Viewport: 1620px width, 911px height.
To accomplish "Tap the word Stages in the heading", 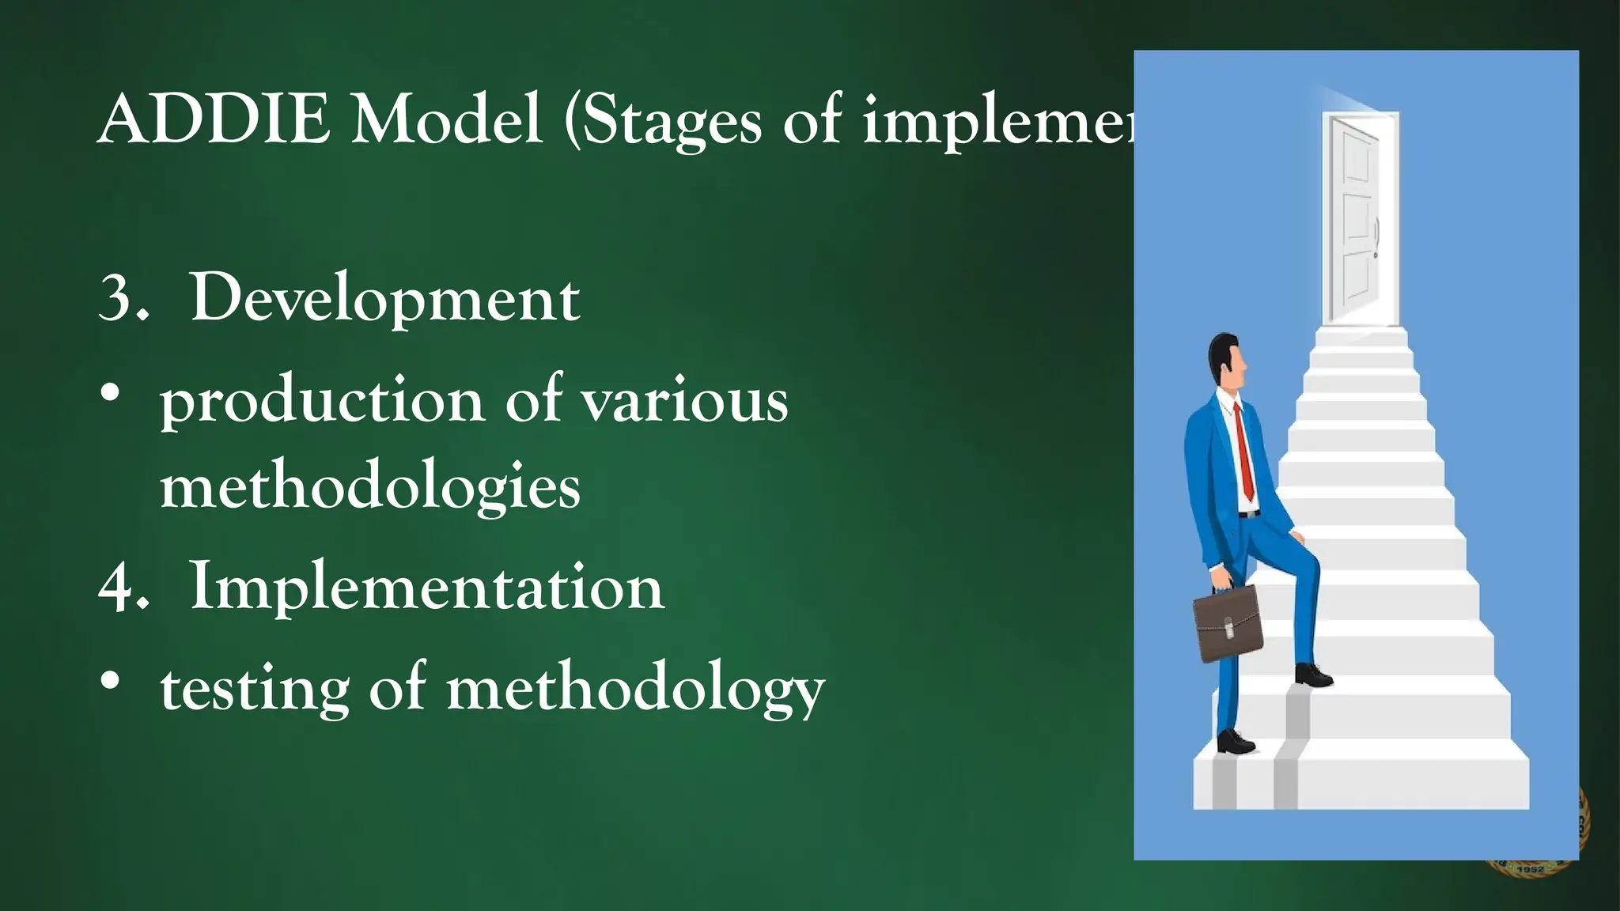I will click(x=672, y=123).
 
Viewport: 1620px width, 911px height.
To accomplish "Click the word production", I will click(x=322, y=402).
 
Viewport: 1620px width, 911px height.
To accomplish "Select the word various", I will click(x=685, y=402).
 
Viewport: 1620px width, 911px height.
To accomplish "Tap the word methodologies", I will click(x=370, y=488).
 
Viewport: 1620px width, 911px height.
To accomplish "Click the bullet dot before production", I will click(x=111, y=393).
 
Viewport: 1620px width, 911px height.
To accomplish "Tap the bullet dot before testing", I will click(x=111, y=680).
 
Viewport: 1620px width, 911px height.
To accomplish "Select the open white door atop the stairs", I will click(x=1358, y=217).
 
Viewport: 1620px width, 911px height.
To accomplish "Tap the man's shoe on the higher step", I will click(x=1313, y=675).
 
